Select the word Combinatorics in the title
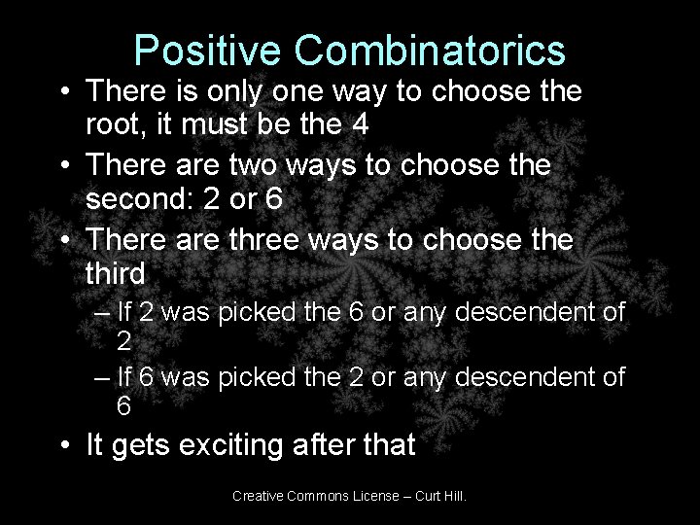[427, 50]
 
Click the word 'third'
[116, 272]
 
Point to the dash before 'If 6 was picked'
[103, 377]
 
